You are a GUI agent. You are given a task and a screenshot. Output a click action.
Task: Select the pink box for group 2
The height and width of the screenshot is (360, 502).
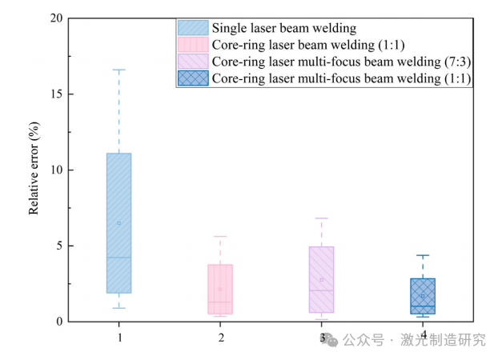[x=220, y=289]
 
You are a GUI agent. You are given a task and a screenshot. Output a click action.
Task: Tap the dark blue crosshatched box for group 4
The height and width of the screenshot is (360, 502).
[x=423, y=296]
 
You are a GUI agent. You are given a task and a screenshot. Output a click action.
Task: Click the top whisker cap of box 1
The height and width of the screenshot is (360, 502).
[x=118, y=70]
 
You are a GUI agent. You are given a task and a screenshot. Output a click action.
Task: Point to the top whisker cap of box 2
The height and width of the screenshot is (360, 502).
[x=220, y=237]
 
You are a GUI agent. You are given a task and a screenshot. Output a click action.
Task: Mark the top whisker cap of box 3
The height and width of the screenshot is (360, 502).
[x=321, y=218]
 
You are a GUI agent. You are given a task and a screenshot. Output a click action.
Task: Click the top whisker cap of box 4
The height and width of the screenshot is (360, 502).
[x=423, y=255]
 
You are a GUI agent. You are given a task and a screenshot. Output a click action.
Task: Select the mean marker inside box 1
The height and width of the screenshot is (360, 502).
[x=118, y=223]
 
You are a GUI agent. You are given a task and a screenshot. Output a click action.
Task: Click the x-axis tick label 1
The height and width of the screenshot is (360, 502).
[x=118, y=338]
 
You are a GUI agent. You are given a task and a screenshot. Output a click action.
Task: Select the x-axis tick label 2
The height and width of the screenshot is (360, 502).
[x=220, y=338]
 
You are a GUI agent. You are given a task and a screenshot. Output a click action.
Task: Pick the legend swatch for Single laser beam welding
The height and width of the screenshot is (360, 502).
[x=192, y=28]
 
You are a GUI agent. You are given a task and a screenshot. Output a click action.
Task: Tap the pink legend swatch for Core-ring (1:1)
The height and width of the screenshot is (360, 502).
[x=192, y=45]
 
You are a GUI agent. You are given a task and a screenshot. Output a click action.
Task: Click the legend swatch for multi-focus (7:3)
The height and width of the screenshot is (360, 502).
[x=192, y=62]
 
